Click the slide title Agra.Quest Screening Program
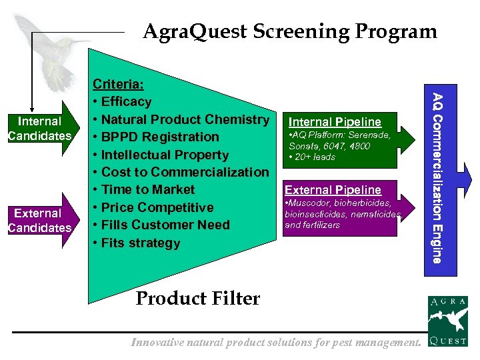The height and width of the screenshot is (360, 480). [290, 31]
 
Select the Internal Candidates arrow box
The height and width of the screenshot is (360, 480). [39, 129]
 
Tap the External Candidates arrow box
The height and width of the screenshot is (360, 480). [39, 221]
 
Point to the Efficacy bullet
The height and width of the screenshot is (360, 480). [126, 102]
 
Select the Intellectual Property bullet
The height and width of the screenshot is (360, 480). [164, 155]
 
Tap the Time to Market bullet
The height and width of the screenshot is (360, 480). [147, 189]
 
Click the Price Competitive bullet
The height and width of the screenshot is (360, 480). [157, 207]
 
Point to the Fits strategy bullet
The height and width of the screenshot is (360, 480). [140, 243]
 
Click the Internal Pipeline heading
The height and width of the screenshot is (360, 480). [335, 121]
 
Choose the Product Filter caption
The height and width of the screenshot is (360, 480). [197, 298]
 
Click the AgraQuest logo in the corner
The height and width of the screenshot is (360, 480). [447, 322]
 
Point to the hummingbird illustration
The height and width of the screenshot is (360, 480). [63, 53]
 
